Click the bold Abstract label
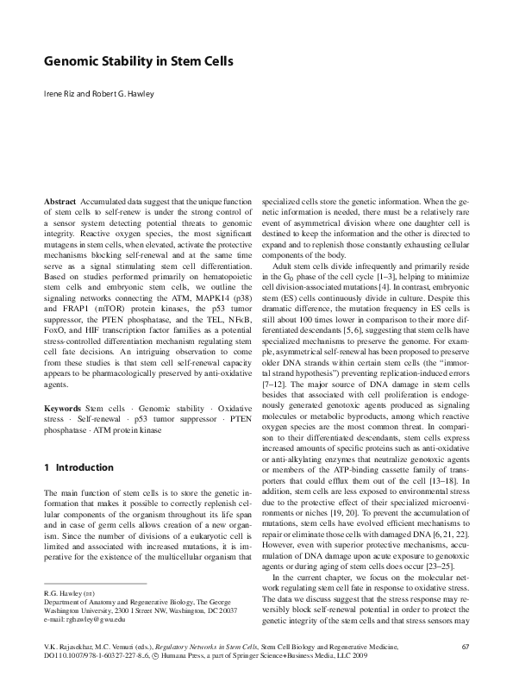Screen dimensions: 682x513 point(59,200)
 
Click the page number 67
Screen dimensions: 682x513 point(465,646)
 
